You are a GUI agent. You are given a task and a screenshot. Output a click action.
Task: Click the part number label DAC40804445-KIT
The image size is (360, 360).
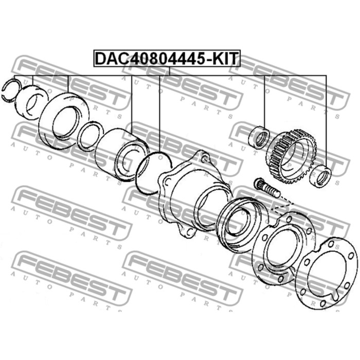[167, 58]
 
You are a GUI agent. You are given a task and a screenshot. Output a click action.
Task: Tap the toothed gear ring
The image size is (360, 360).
[291, 156]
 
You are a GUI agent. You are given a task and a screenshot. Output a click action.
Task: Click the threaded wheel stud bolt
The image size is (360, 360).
[266, 188]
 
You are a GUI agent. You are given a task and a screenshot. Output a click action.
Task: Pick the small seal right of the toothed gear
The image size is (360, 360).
[320, 176]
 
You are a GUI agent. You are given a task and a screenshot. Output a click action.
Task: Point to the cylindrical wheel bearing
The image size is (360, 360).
[122, 154]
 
